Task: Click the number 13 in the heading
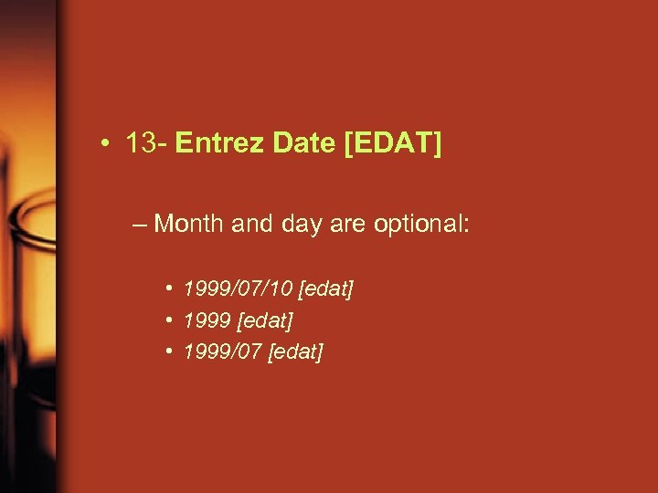[x=140, y=144]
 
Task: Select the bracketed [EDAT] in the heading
[x=392, y=144]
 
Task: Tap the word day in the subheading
[x=292, y=225]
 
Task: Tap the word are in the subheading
[x=336, y=225]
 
